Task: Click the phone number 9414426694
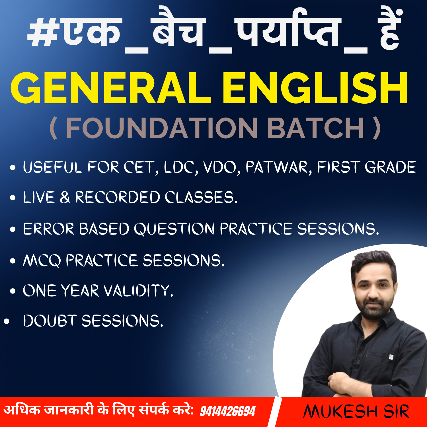[227, 411]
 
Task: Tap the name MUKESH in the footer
[340, 411]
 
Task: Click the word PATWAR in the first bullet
[277, 167]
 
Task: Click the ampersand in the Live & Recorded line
[65, 197]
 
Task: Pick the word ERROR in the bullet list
[48, 229]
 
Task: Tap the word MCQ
[42, 260]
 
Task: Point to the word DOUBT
[50, 321]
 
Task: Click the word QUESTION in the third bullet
[174, 229]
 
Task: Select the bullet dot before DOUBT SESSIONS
[7, 321]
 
